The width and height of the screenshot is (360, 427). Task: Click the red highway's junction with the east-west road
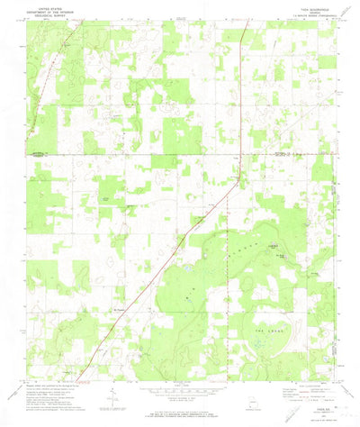pyautogui.click(x=235, y=156)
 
